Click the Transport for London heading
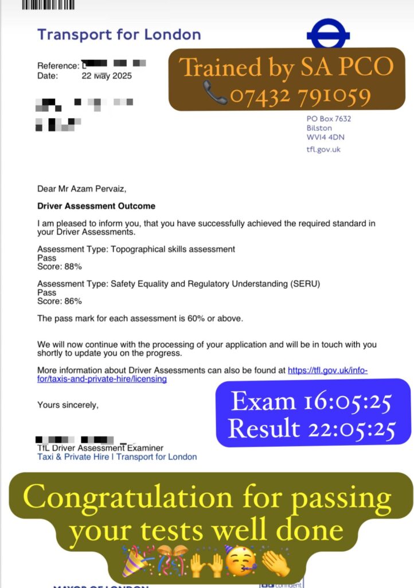coord(119,34)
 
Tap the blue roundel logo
coord(329,34)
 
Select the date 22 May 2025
coord(106,76)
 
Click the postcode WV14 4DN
coord(326,137)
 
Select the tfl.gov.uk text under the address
coord(324,149)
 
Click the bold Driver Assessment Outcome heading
coord(96,206)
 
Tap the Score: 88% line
coord(60,266)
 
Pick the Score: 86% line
coord(60,301)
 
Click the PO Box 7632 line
coord(329,119)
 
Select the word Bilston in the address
coord(319,128)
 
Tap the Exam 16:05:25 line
coord(311,402)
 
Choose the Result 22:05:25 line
coord(312,428)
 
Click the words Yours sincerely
coord(68,405)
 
